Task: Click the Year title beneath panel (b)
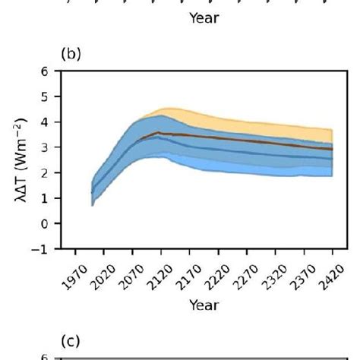[x=204, y=304]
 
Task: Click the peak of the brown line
[x=157, y=132]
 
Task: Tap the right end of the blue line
[x=333, y=158]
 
